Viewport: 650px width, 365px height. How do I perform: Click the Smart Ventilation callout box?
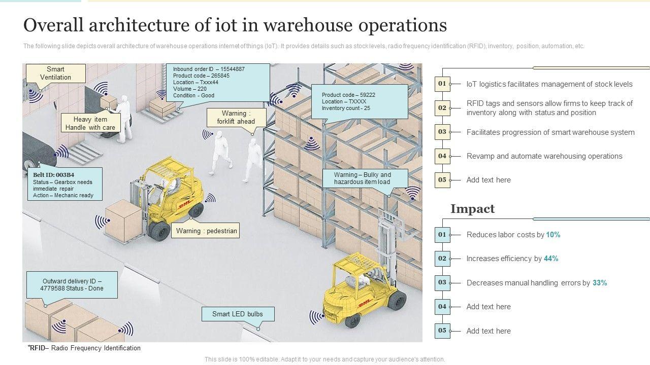(x=55, y=74)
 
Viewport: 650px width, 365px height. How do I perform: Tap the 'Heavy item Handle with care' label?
(x=90, y=123)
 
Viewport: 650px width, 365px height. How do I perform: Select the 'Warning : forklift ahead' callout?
(x=236, y=117)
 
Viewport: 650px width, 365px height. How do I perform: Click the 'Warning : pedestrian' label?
(x=206, y=231)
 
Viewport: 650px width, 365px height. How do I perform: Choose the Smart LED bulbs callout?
(x=238, y=314)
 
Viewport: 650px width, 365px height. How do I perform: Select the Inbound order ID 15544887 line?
(x=209, y=69)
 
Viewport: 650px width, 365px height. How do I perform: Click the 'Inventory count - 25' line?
(x=346, y=108)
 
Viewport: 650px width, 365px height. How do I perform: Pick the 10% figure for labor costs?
(x=553, y=235)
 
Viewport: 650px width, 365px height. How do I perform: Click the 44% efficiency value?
(x=551, y=259)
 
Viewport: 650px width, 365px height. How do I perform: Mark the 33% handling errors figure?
(x=600, y=283)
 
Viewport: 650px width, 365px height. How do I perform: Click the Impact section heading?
(x=472, y=209)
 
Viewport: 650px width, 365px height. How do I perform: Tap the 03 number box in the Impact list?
(x=442, y=282)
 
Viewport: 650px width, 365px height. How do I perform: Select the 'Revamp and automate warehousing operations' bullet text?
(x=544, y=156)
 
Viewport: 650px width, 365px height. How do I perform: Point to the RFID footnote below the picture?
(x=84, y=348)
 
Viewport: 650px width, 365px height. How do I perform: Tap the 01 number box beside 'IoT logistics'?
(x=442, y=84)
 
